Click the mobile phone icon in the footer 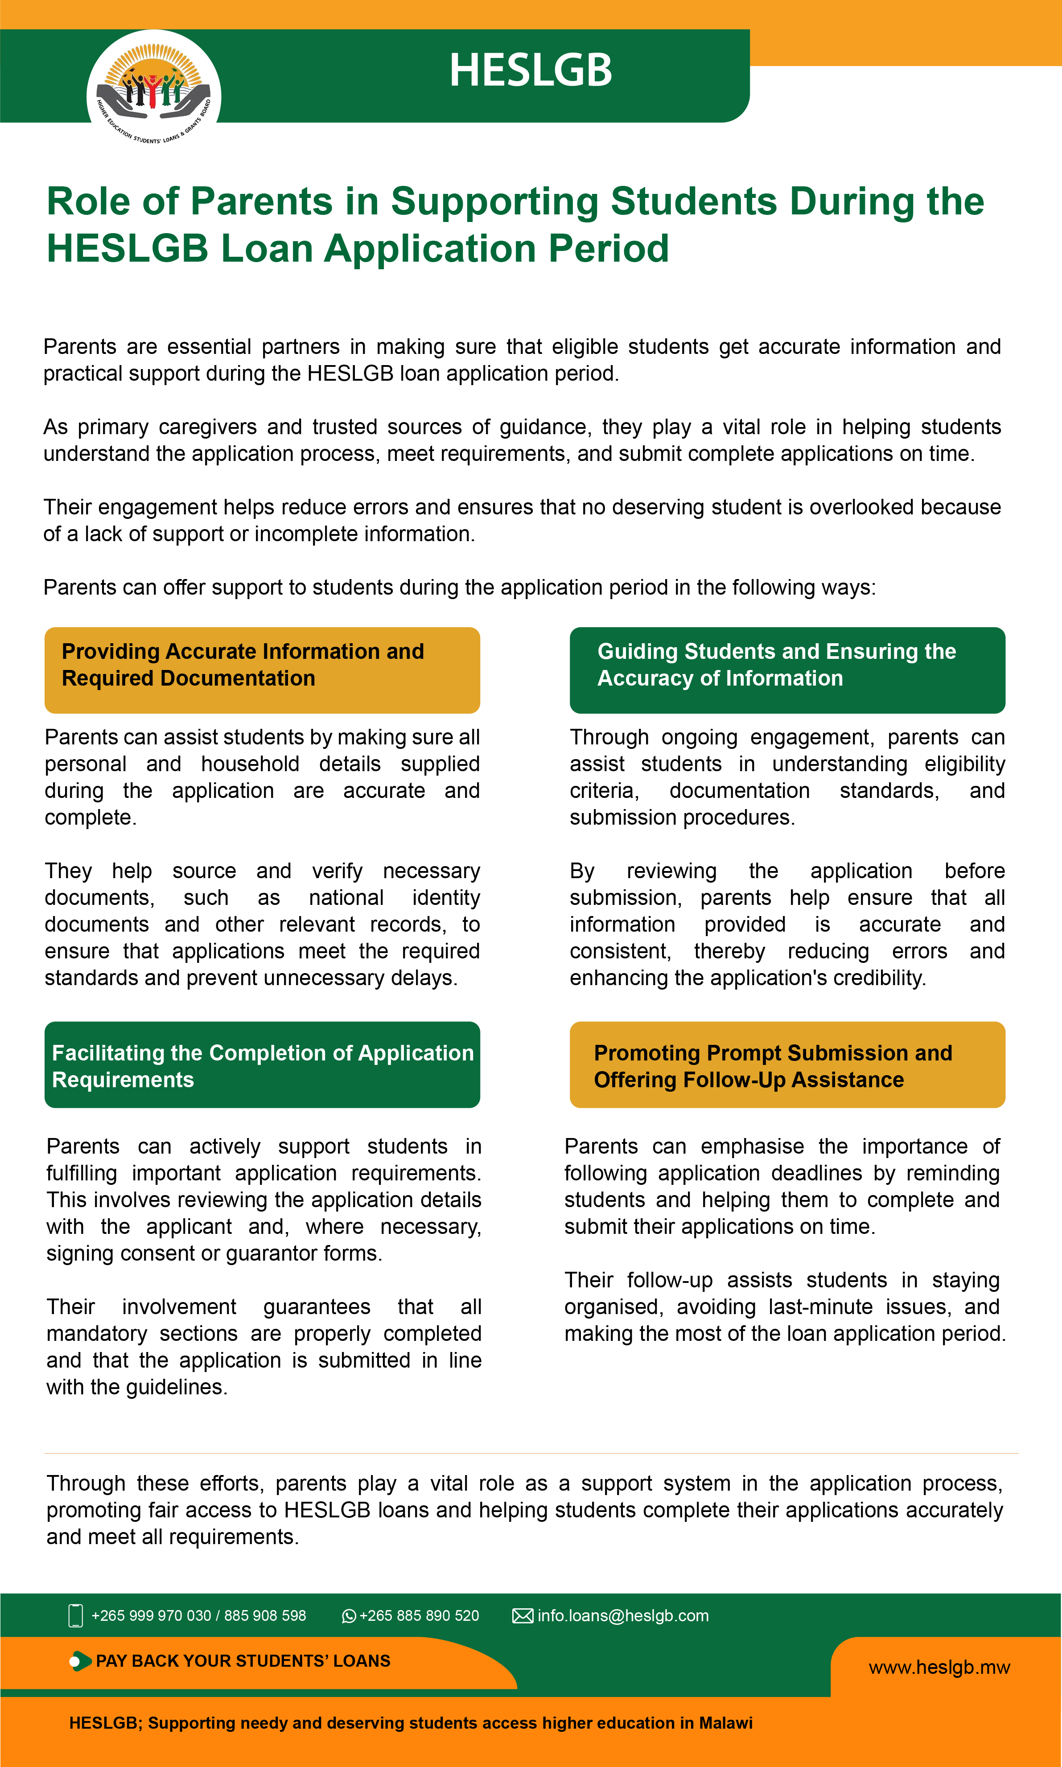coord(75,1615)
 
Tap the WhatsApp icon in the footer coord(349,1616)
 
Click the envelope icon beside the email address coord(523,1615)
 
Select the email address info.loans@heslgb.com coord(622,1615)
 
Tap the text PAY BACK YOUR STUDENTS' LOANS coord(243,1660)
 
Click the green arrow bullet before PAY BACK coord(80,1660)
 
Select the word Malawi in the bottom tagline coord(726,1722)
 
